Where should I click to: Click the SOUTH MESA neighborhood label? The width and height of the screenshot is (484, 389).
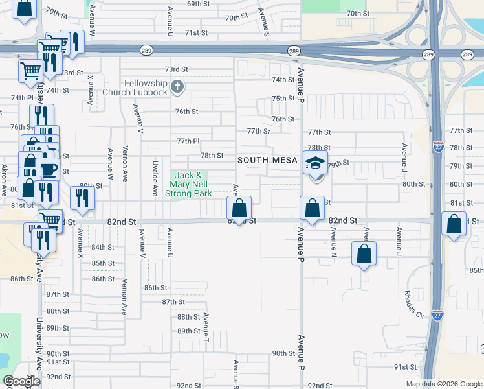click(267, 159)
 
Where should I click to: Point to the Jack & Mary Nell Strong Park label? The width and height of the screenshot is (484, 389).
click(189, 184)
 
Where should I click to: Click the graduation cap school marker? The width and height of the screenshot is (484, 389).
click(315, 163)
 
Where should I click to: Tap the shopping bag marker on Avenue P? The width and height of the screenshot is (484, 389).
click(312, 209)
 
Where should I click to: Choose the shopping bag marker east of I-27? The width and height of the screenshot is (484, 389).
click(455, 224)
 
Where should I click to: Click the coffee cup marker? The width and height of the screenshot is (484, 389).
click(49, 170)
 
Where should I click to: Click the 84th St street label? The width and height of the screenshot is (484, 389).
click(103, 248)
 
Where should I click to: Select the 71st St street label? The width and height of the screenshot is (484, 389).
click(195, 32)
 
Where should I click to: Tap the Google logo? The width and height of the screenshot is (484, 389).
click(21, 381)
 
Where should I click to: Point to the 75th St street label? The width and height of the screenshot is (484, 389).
click(283, 98)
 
